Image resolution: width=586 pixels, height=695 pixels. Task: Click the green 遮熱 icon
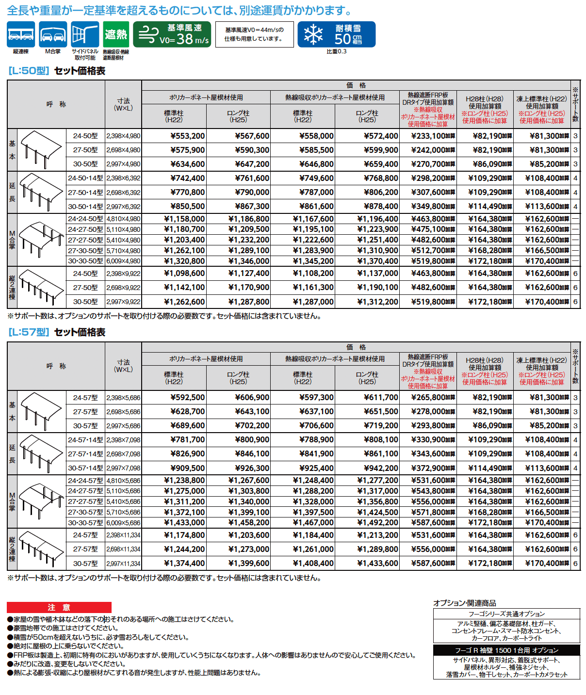pos(116,34)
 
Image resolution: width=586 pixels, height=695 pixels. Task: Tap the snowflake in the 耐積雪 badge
pos(313,34)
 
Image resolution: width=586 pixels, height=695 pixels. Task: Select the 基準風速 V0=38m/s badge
pos(172,34)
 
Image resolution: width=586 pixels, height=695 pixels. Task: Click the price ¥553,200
pos(187,136)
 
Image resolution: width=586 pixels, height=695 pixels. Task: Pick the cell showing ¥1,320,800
pos(184,261)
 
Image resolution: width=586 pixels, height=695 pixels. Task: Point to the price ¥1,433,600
pos(377,564)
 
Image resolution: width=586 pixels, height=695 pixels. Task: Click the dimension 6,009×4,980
pos(123,261)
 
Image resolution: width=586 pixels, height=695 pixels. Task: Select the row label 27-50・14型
pos(85,193)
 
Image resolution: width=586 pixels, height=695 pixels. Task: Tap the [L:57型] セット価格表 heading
pos(57,333)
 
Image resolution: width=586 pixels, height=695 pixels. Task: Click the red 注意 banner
pos(59,608)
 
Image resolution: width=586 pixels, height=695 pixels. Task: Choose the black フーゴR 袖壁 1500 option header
pos(506,650)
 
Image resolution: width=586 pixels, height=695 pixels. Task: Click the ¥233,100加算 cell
pos(433,136)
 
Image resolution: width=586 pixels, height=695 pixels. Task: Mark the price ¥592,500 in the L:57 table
pos(187,398)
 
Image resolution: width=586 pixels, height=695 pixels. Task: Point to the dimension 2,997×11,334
pos(123,564)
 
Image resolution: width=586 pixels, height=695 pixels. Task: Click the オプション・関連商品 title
pos(464,603)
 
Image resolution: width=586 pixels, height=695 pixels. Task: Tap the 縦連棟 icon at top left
pos(21,34)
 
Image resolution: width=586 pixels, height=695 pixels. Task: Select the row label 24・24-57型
pos(85,481)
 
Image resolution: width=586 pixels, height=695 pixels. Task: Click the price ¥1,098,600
pos(184,274)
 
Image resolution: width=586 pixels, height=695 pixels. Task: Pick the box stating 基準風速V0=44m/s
pos(254,34)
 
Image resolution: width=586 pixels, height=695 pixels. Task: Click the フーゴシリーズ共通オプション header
pos(506,614)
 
